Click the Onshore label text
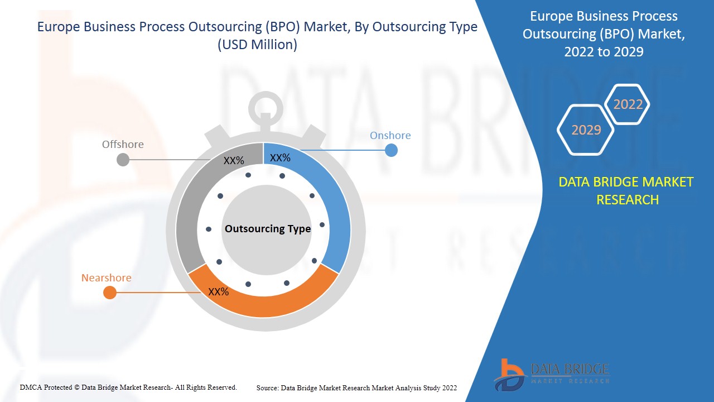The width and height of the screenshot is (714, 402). point(390,136)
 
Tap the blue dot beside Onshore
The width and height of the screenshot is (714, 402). point(391,150)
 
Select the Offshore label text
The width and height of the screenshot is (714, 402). point(123,145)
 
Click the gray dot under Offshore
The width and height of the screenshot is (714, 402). point(123,160)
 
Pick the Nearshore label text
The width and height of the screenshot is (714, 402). point(107,278)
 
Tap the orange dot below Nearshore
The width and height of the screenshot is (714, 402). point(110,293)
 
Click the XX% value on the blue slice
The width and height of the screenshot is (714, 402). point(280,158)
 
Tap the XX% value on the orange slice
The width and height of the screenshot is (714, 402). point(219,291)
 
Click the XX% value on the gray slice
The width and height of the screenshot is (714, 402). point(234,161)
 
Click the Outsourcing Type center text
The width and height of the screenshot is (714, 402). point(268,229)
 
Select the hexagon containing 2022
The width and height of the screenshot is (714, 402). point(628,104)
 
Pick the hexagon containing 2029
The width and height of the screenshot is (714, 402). point(586,130)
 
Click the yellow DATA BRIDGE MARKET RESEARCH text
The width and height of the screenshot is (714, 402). point(626,190)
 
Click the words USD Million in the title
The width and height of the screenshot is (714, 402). point(257,45)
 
